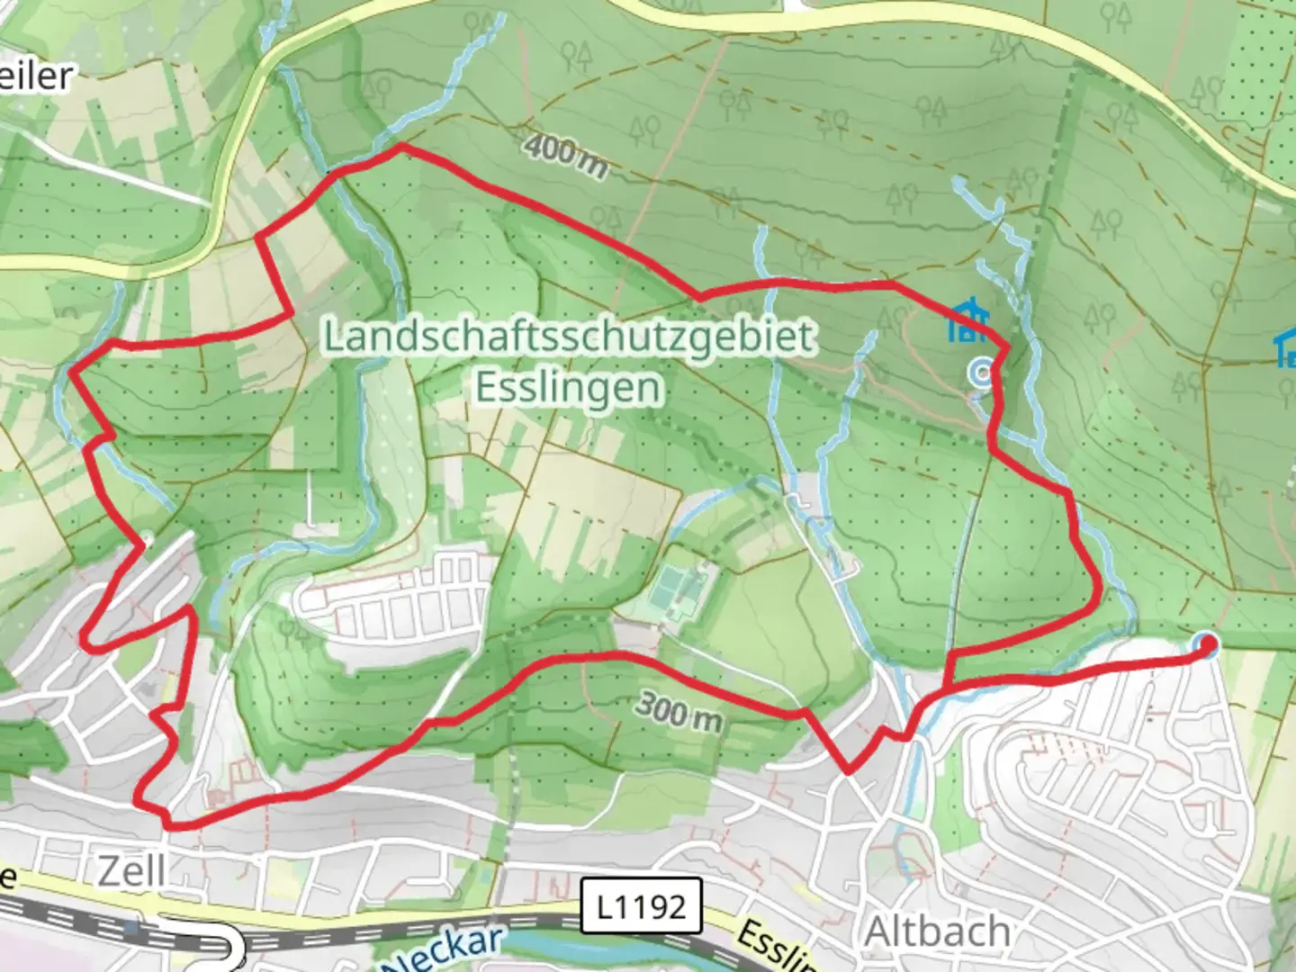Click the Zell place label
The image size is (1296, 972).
click(x=131, y=870)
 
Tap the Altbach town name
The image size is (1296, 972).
click(x=936, y=931)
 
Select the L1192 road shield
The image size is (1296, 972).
click(x=641, y=905)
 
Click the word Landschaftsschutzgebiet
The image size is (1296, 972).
click(x=569, y=337)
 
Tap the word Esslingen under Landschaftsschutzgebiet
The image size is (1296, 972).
click(x=569, y=388)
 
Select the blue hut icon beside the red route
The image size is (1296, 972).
click(x=968, y=321)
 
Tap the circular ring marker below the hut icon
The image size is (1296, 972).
click(x=983, y=371)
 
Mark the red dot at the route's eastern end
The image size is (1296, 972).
click(x=1205, y=643)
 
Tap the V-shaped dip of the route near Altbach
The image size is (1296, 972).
click(x=848, y=770)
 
